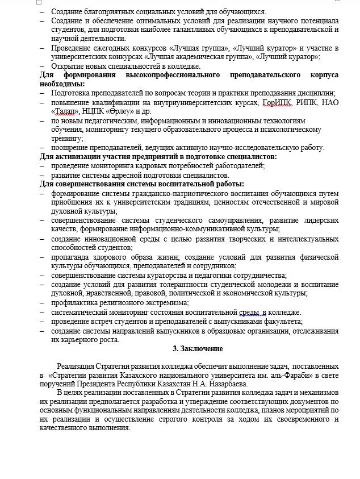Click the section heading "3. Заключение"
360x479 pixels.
(198, 348)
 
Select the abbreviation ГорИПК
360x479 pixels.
(277, 103)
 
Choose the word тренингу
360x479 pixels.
(67, 139)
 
